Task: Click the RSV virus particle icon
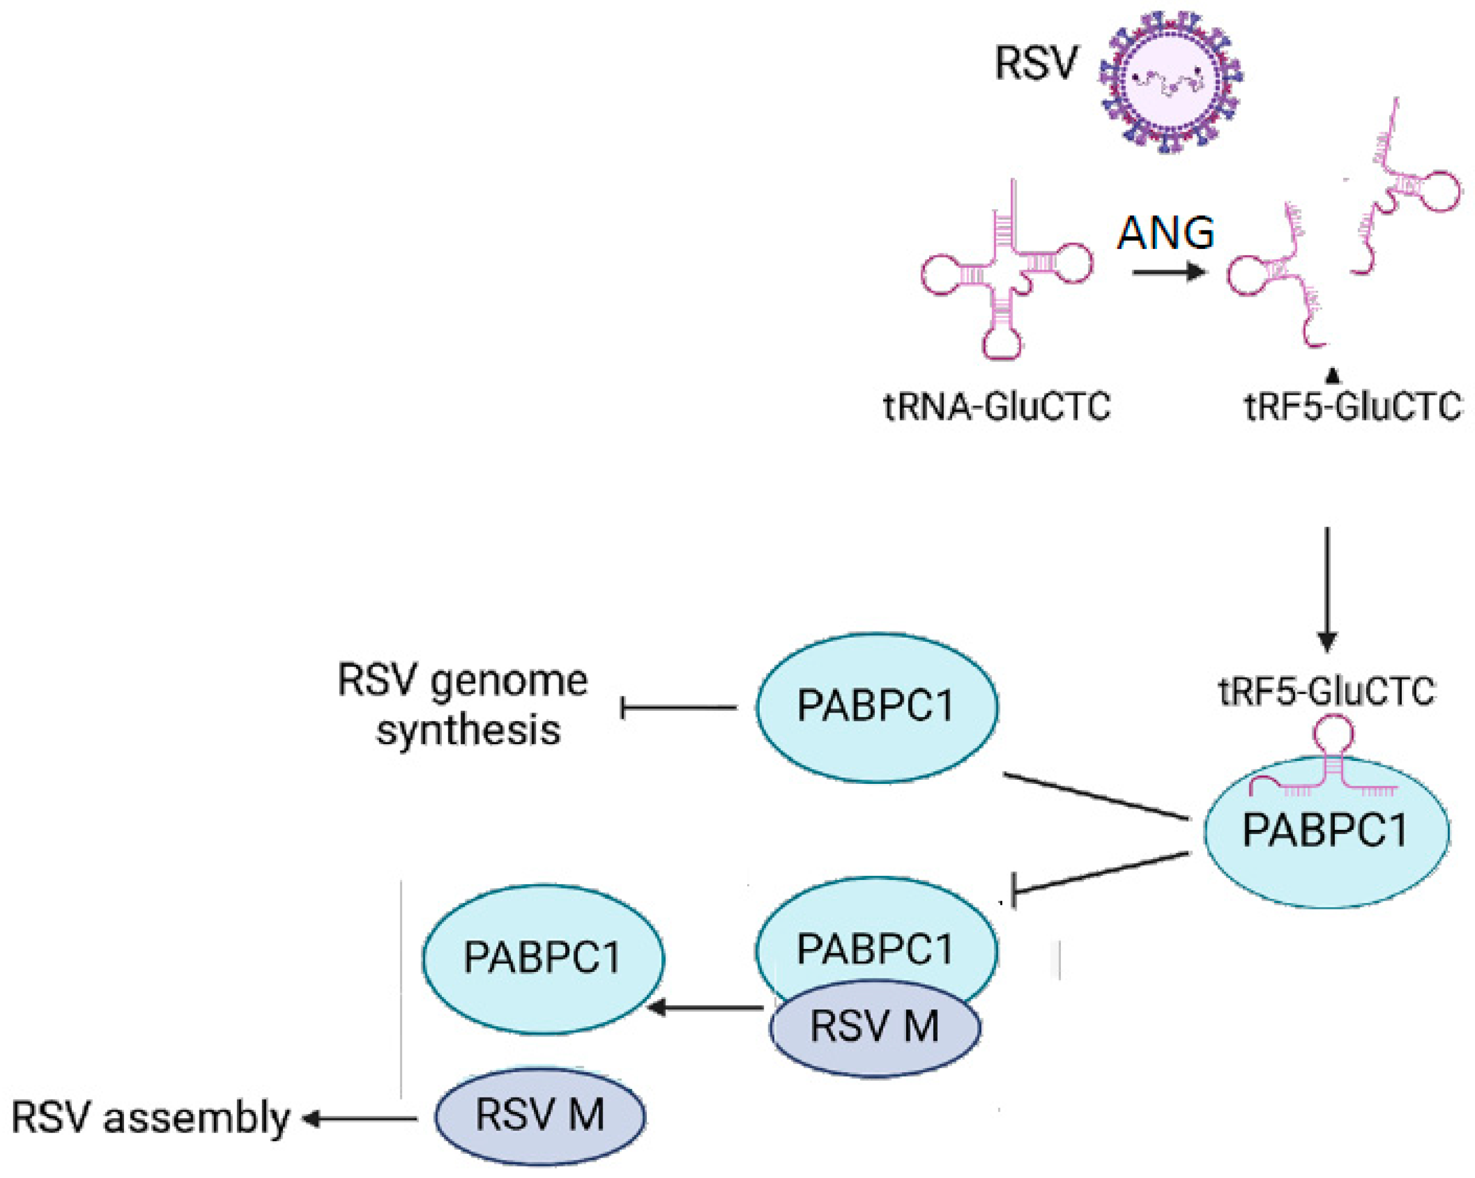pos(1170,81)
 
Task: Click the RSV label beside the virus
pos(1036,64)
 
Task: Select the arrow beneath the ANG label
pos(1168,272)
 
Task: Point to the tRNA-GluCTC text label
pos(997,406)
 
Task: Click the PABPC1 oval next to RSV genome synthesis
pos(877,707)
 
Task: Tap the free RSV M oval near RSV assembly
pos(540,1116)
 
